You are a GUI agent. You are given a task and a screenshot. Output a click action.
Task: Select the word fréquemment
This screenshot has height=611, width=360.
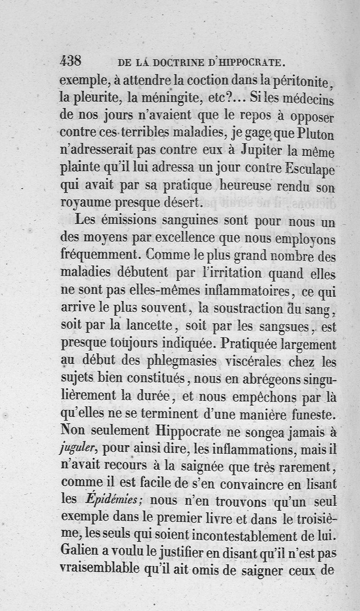(x=100, y=255)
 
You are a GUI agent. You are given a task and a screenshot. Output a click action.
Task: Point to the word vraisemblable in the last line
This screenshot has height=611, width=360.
(x=99, y=570)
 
